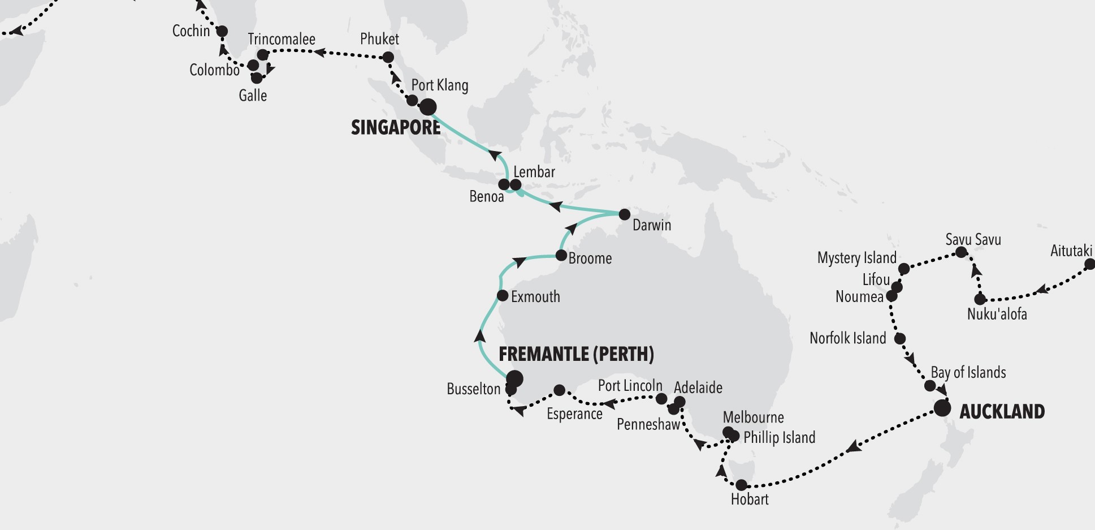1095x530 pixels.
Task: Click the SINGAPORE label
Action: tap(396, 128)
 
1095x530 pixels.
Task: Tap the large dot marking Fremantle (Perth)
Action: tap(514, 378)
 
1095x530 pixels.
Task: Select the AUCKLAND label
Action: tap(1002, 411)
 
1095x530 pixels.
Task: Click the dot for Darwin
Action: tap(624, 214)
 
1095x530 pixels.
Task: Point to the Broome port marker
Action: tap(561, 256)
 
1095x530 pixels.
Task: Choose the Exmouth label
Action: tap(535, 296)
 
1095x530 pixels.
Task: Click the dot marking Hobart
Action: tap(741, 485)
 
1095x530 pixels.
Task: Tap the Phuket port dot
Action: tap(388, 57)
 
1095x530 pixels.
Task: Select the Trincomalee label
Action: tap(282, 39)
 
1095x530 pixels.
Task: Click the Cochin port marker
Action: tap(222, 31)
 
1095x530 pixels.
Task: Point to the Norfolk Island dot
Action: tap(900, 339)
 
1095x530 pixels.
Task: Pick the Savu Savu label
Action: tap(973, 240)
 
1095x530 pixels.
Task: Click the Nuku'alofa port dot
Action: tap(980, 299)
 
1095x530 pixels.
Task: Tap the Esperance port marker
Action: tap(559, 390)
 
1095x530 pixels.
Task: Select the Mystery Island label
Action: tap(856, 258)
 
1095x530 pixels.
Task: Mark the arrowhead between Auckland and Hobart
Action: tap(854, 447)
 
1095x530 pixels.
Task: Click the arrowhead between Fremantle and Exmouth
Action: tap(479, 336)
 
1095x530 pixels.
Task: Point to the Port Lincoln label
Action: tap(630, 386)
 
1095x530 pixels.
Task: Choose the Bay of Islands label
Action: tap(968, 373)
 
